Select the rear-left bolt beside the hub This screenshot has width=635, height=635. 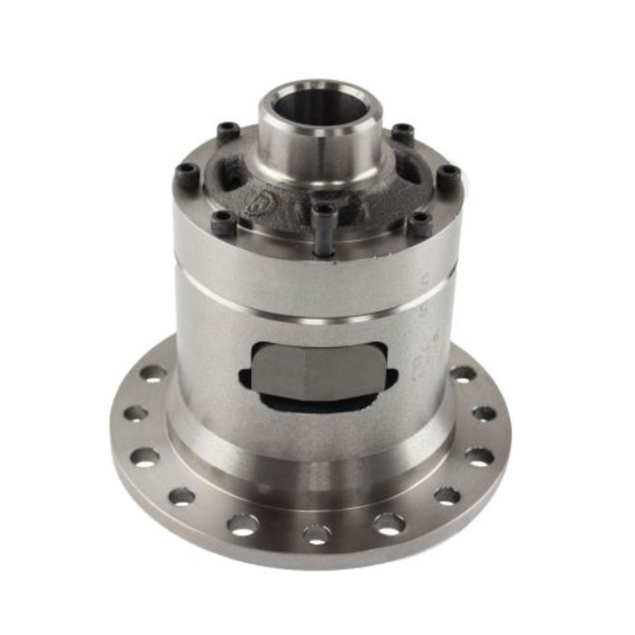pos(229,129)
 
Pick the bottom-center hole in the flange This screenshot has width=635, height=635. pos(317,534)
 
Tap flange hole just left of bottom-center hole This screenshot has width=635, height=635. pos(243,524)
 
